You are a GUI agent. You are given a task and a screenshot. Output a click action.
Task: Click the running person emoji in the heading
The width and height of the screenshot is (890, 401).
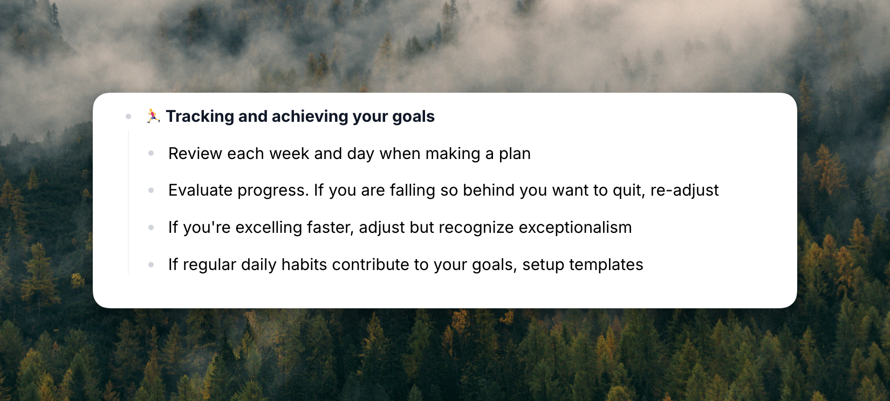click(x=153, y=116)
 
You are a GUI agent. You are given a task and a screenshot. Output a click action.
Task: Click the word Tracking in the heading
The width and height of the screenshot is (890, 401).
click(x=200, y=117)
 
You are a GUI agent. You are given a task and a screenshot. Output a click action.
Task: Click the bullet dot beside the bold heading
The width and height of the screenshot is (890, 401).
click(x=128, y=116)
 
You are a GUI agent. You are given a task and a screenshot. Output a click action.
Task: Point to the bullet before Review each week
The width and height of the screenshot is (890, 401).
click(x=151, y=153)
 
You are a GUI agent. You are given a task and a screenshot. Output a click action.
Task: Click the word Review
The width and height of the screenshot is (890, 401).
click(x=195, y=154)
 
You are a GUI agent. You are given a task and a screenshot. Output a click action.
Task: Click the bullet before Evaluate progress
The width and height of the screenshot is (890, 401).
click(x=151, y=191)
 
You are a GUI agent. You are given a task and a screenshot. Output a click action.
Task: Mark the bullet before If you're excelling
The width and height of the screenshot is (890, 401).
click(x=151, y=227)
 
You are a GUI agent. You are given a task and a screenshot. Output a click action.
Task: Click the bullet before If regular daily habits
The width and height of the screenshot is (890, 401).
click(x=151, y=265)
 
